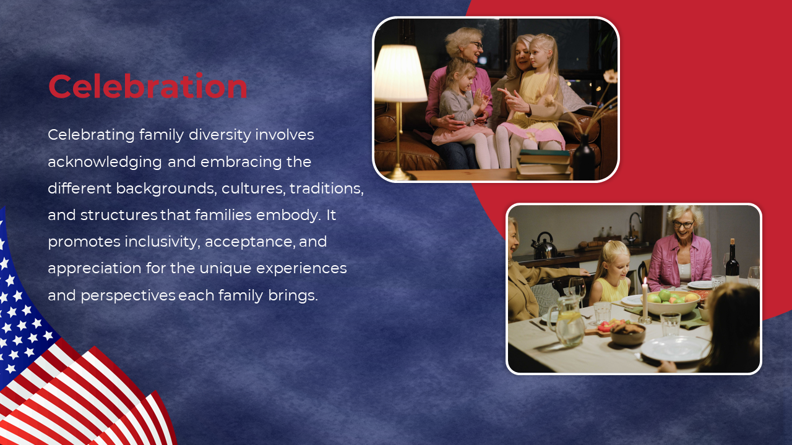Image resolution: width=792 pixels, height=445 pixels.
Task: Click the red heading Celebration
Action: pyautogui.click(x=147, y=86)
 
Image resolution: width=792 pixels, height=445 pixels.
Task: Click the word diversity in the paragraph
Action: pyautogui.click(x=220, y=135)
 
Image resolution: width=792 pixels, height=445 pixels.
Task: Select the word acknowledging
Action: pyautogui.click(x=105, y=162)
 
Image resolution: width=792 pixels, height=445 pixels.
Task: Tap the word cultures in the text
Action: pyautogui.click(x=253, y=189)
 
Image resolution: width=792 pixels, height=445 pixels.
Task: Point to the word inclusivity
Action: pyautogui.click(x=163, y=242)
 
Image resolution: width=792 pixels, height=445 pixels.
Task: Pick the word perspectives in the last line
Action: pyautogui.click(x=127, y=296)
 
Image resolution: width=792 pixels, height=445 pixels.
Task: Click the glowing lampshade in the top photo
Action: pyautogui.click(x=400, y=73)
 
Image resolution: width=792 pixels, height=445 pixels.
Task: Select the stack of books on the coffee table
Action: pyautogui.click(x=543, y=164)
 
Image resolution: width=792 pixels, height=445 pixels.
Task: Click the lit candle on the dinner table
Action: pyautogui.click(x=645, y=300)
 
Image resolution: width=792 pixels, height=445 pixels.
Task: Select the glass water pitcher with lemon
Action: pyautogui.click(x=567, y=321)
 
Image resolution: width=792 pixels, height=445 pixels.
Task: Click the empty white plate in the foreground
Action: pyautogui.click(x=674, y=349)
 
